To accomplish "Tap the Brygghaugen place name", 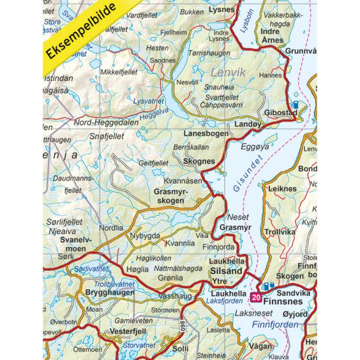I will click(x=110, y=292).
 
